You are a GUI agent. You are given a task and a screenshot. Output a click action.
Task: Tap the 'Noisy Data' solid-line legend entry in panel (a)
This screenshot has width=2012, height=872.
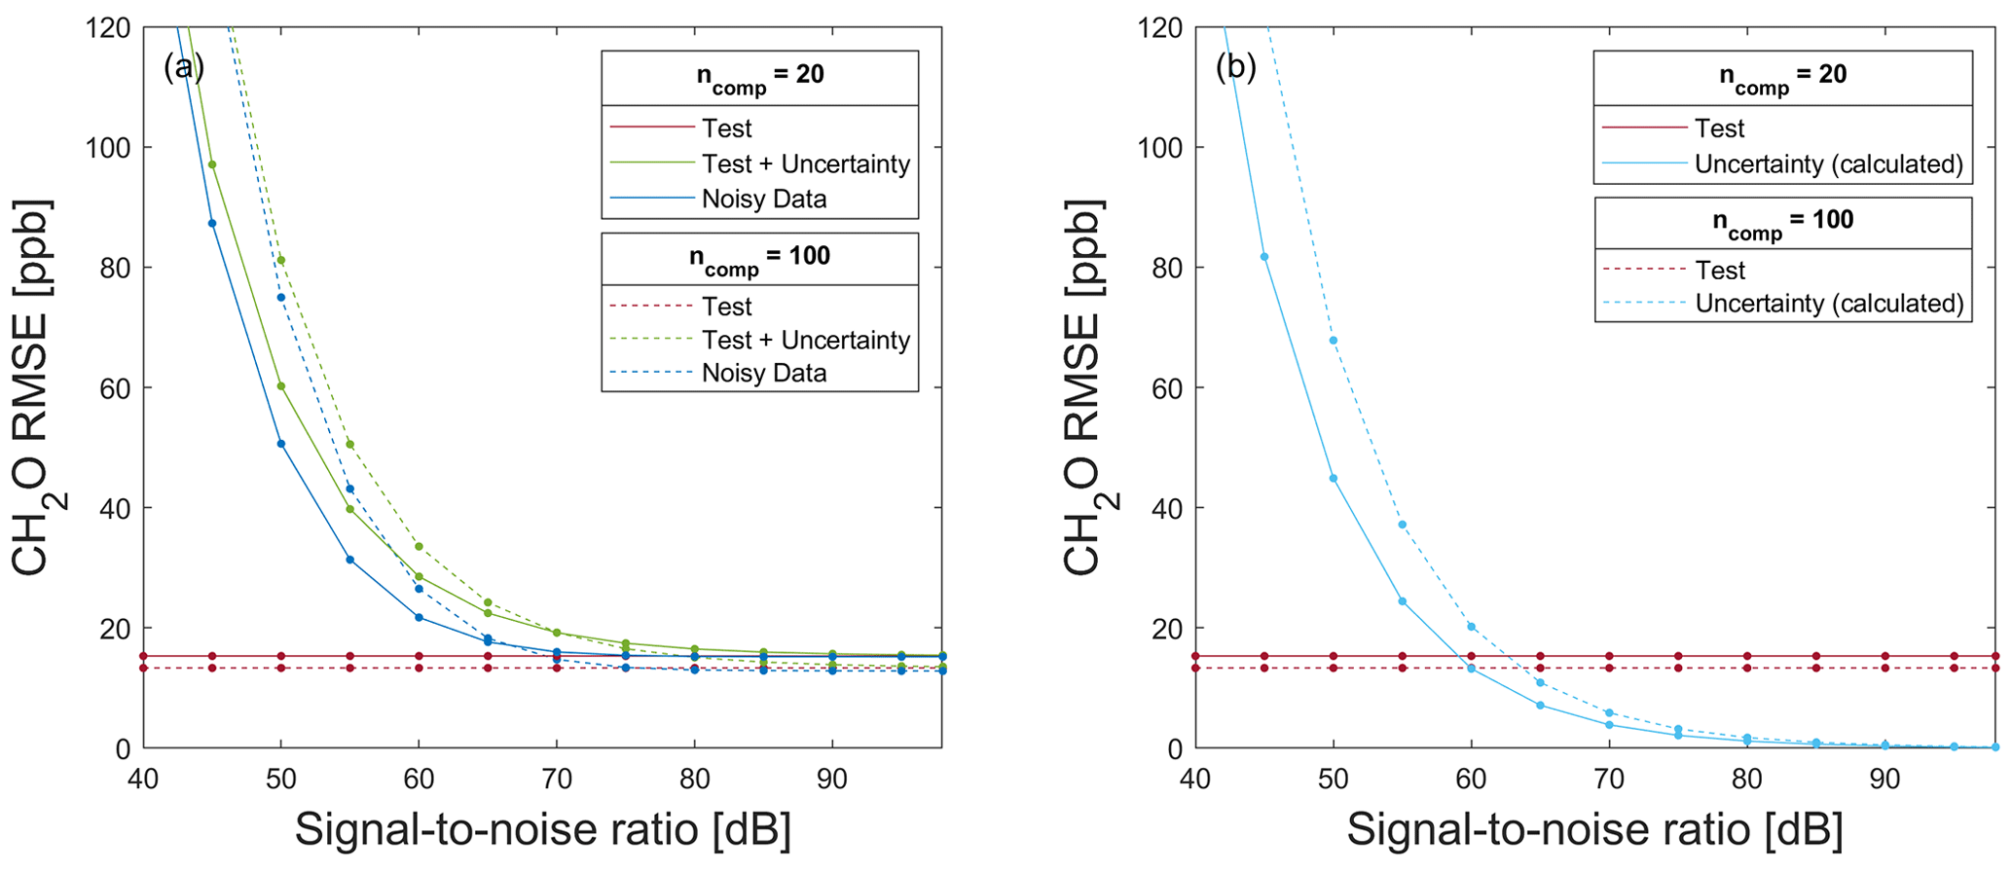[763, 200]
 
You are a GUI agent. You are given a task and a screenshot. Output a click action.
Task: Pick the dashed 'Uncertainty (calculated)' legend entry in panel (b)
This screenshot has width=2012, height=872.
[1829, 304]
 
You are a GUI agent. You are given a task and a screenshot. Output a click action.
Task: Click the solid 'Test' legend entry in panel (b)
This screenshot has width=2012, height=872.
[1719, 128]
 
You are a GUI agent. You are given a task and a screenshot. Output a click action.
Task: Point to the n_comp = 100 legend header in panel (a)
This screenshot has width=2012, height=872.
[759, 258]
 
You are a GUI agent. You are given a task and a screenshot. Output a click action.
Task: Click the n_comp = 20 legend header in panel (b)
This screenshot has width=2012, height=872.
[1782, 77]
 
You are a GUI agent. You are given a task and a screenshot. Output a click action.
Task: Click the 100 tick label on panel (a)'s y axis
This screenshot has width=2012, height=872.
[109, 148]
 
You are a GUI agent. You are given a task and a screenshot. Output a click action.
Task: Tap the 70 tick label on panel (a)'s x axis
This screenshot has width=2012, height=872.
[557, 780]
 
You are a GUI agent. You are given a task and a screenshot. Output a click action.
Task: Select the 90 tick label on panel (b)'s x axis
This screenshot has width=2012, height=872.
[1884, 780]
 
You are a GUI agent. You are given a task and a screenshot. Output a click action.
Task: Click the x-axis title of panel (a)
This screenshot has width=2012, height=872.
[542, 830]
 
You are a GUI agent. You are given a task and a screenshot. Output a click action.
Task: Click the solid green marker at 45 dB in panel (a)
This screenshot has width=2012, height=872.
[212, 164]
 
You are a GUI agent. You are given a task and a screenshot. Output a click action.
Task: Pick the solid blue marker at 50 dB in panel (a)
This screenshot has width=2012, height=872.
[281, 444]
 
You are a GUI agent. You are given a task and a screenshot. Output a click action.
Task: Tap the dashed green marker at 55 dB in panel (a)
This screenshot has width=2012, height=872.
[350, 444]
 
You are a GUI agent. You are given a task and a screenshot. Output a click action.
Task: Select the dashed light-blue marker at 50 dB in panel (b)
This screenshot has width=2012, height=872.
[1334, 341]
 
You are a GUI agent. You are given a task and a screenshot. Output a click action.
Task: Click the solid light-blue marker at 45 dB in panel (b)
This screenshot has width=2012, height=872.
[1264, 257]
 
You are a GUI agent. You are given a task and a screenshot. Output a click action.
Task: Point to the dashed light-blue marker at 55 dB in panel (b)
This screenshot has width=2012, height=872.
[1403, 525]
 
